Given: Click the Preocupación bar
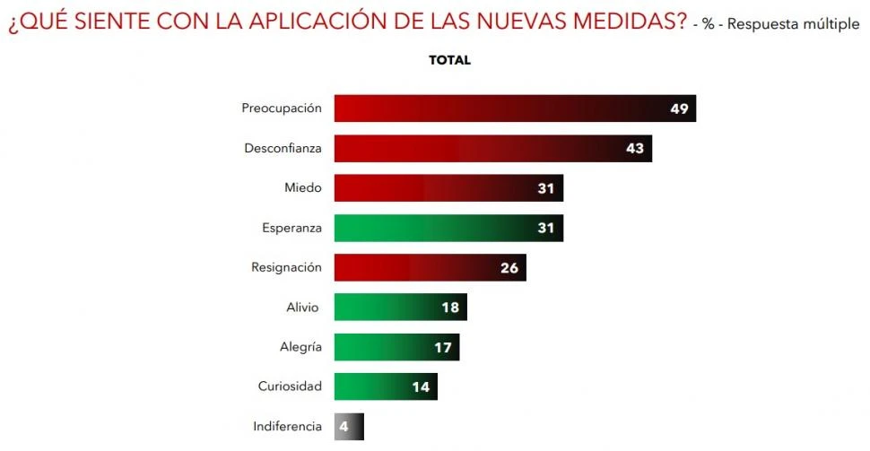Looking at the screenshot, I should [x=515, y=108].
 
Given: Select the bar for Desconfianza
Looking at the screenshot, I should [x=492, y=148].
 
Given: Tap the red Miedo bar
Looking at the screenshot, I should [x=448, y=188].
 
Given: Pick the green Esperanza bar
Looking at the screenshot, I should [x=448, y=228].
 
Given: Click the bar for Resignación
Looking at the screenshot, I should [x=430, y=267].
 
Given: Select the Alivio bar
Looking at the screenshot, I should [x=400, y=308].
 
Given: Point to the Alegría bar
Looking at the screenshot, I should [x=396, y=347].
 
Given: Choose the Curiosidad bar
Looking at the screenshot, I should [x=386, y=386].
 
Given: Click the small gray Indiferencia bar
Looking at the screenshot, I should [x=349, y=427].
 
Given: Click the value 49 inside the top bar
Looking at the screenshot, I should [x=679, y=108].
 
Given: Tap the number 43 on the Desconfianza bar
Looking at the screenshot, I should [x=635, y=148].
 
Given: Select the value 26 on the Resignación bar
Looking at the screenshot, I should [x=509, y=267].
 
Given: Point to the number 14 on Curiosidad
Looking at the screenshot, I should [x=421, y=386].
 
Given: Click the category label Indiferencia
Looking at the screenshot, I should [x=287, y=427].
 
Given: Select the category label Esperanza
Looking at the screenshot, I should [x=291, y=228].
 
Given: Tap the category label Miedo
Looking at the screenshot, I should [x=302, y=188].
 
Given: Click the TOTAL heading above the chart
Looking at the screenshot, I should [x=449, y=60].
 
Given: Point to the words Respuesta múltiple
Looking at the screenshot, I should [x=793, y=24].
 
